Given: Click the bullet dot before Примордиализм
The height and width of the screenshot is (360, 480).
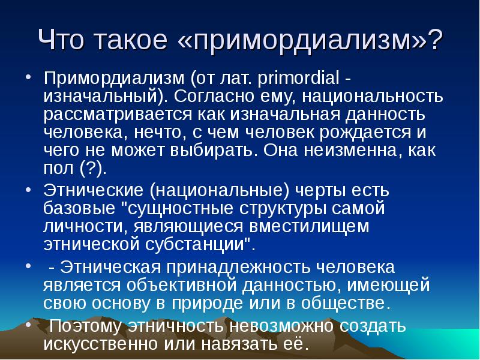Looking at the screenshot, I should point(28,78).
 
